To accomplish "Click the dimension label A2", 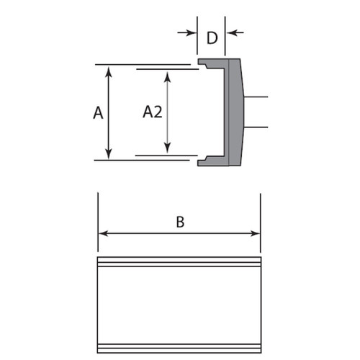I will tap(150, 112).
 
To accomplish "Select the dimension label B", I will tap(180, 222).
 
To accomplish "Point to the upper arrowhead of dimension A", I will tap(108, 71).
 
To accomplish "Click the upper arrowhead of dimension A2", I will tap(168, 75).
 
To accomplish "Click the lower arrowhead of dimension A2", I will tap(168, 149).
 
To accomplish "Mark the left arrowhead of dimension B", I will tap(102, 233).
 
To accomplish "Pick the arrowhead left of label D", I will tap(192, 32).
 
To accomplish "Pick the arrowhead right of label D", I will tap(230, 32).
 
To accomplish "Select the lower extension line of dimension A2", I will tap(166, 154).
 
